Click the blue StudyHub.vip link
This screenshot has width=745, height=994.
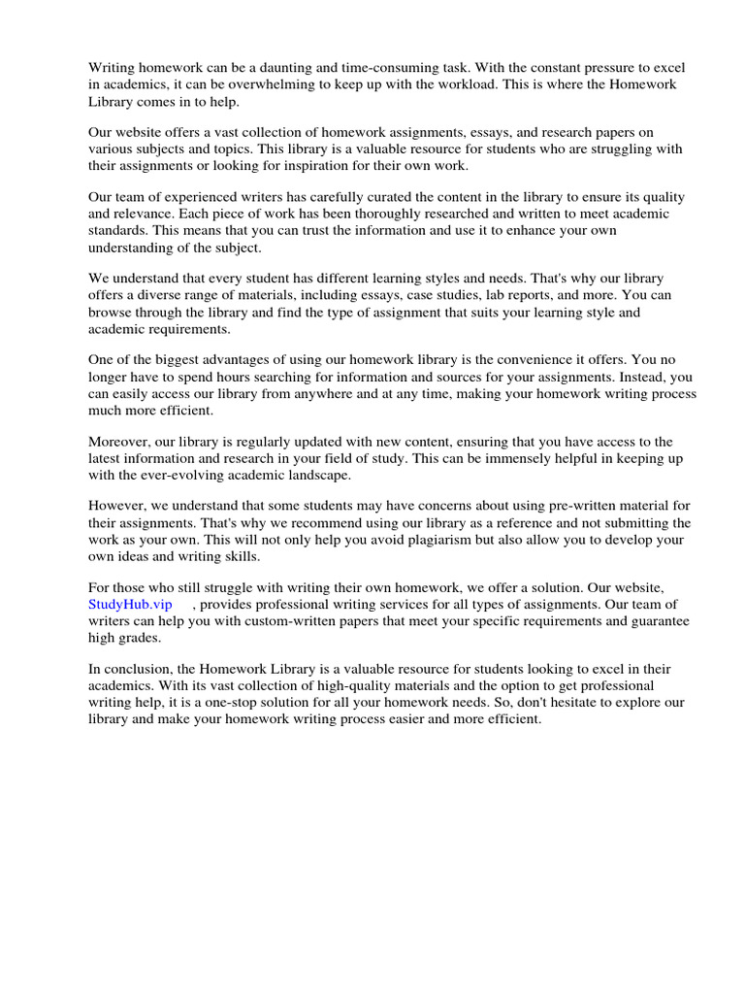pos(130,604)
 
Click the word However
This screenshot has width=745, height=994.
pos(116,505)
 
